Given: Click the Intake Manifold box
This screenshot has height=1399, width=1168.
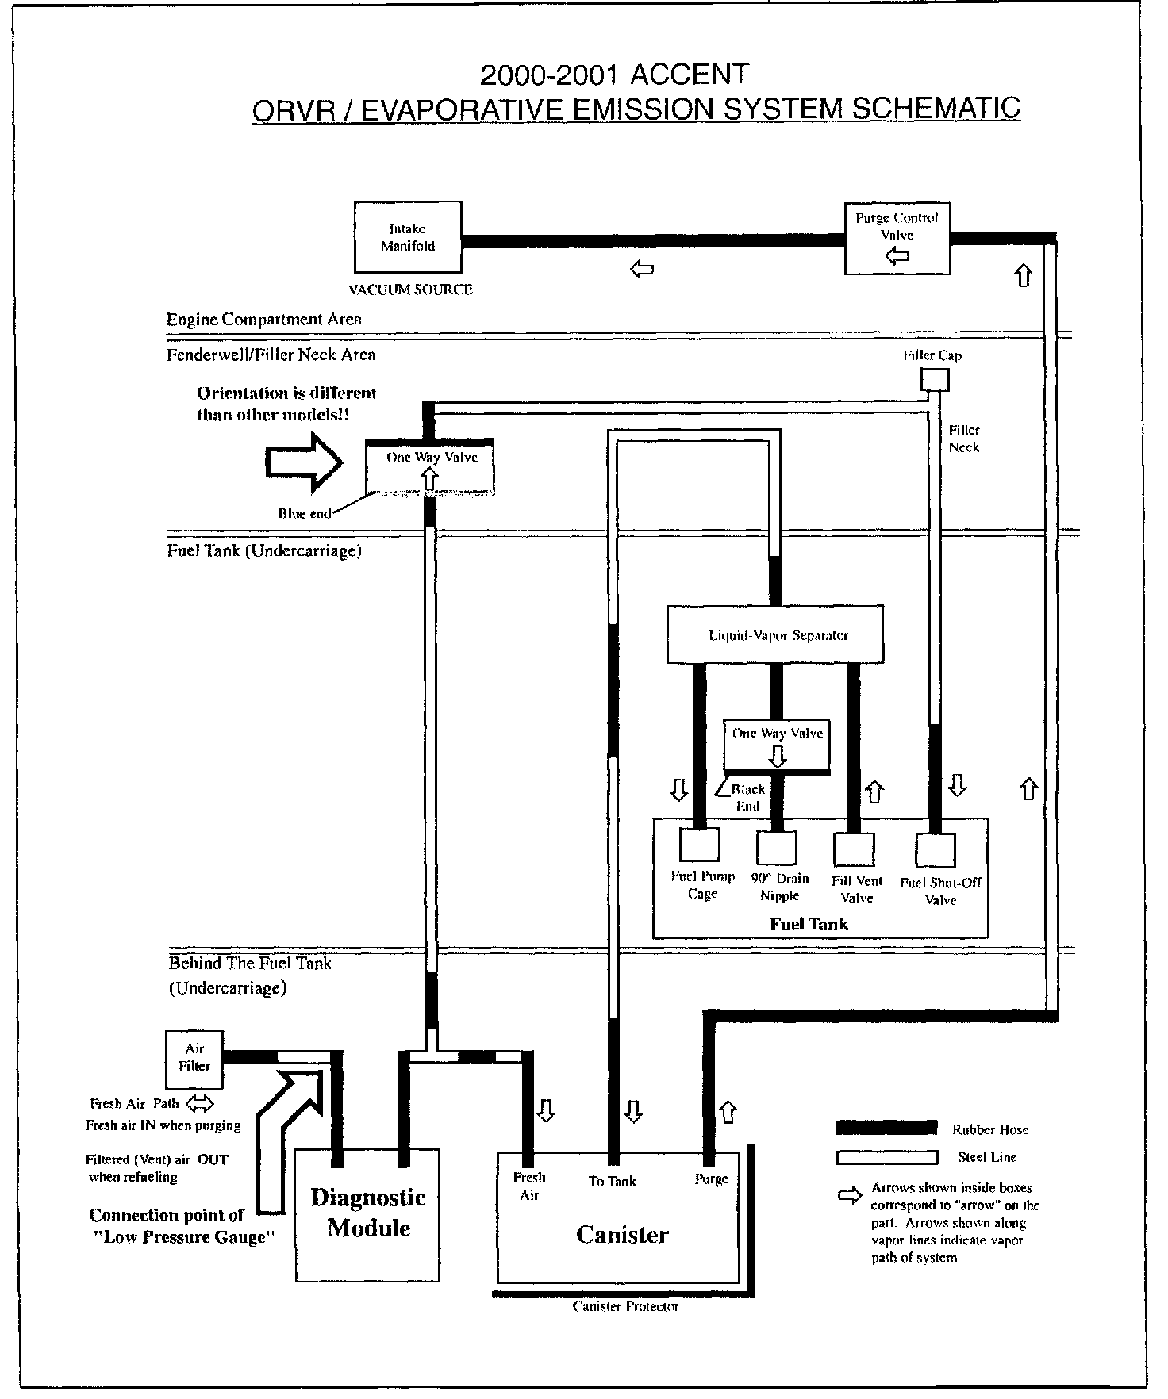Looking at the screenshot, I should [408, 237].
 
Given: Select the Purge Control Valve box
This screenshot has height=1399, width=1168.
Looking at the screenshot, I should [897, 239].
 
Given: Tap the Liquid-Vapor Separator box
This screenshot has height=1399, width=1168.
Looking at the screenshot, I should [775, 634].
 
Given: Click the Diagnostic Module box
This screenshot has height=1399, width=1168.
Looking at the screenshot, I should [367, 1213].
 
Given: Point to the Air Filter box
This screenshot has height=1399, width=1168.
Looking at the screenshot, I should [194, 1059].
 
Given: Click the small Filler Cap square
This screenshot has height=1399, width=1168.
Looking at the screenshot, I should [934, 381].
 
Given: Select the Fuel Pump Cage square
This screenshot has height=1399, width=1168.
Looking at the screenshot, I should [700, 844].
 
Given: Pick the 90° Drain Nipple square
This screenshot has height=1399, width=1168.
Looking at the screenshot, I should [776, 847].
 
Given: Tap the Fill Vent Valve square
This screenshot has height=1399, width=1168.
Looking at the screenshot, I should [853, 848].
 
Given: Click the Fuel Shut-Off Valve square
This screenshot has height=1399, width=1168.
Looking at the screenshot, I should [935, 849].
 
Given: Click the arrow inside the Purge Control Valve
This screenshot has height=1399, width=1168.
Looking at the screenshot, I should [897, 255].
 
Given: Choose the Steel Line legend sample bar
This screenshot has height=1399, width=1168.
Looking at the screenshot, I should [886, 1157].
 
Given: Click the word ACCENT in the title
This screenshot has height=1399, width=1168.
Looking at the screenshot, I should [689, 75].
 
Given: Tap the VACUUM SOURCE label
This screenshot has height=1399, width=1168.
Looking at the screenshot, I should [411, 290].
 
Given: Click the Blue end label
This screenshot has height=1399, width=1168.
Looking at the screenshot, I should [304, 513].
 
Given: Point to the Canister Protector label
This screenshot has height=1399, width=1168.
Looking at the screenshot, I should [625, 1306].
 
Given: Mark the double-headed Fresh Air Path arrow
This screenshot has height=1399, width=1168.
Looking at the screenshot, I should [201, 1103].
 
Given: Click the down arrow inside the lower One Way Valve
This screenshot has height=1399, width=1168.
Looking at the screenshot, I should [778, 755].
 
